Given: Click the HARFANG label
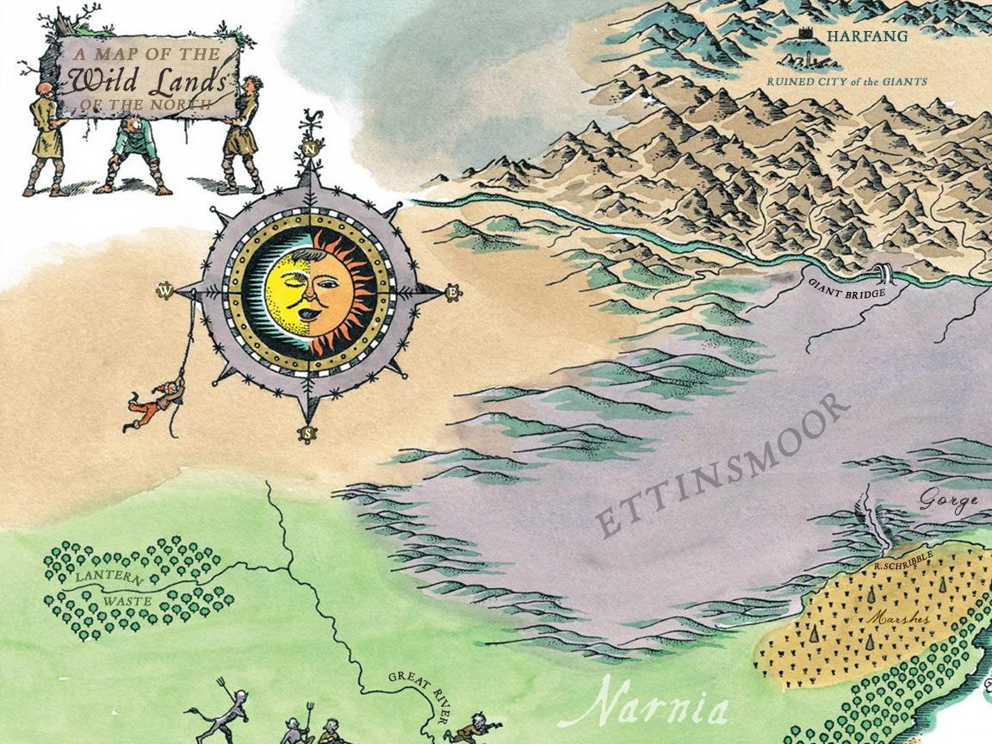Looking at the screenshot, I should (855, 36).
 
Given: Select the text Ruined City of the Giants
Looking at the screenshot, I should (846, 82).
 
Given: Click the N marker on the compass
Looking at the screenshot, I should (308, 149).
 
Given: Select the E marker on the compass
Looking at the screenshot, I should (450, 293).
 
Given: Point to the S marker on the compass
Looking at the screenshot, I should (307, 433).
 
